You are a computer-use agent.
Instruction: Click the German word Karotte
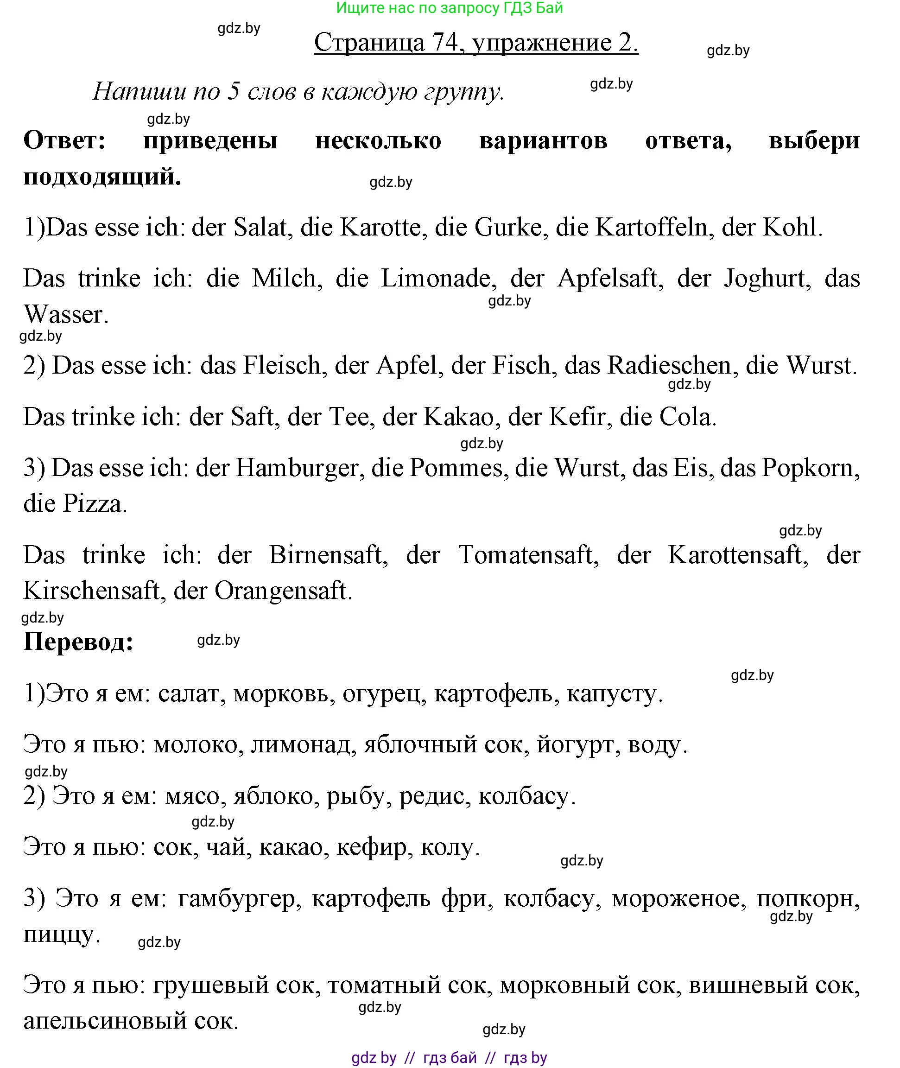pyautogui.click(x=383, y=227)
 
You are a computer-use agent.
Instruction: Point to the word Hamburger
pyautogui.click(x=297, y=468)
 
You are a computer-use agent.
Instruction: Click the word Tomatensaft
pyautogui.click(x=526, y=555)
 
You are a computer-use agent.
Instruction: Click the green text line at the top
pyautogui.click(x=450, y=8)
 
